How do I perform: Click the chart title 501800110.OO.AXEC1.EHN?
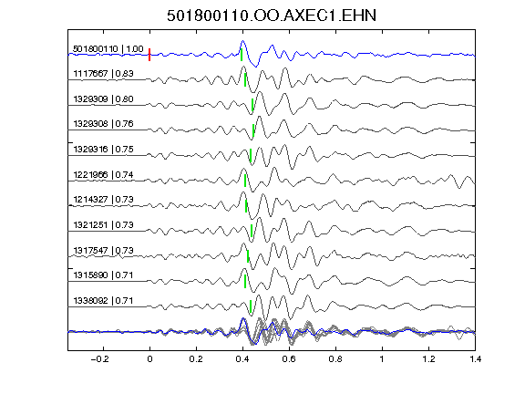tap(272, 16)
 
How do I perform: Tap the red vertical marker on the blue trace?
tap(149, 55)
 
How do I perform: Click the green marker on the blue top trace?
tap(242, 55)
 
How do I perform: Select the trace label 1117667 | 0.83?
tap(103, 73)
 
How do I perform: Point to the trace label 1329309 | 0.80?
tap(103, 99)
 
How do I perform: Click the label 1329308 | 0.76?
tap(103, 124)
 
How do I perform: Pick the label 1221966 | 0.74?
tap(103, 175)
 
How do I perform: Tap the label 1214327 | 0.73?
tap(103, 200)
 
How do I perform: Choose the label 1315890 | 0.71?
tap(103, 275)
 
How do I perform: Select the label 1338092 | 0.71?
tap(103, 301)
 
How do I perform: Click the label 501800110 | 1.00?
tap(108, 49)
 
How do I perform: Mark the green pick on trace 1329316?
tap(251, 155)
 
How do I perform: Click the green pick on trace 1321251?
tap(252, 231)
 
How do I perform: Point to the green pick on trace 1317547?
tap(248, 256)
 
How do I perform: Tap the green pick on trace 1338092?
tap(251, 306)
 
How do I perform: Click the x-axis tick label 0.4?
tap(242, 359)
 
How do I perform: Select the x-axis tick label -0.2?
tap(100, 359)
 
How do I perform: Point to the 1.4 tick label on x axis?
tap(475, 359)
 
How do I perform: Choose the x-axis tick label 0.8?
tap(335, 359)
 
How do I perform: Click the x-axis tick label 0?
tap(149, 359)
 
